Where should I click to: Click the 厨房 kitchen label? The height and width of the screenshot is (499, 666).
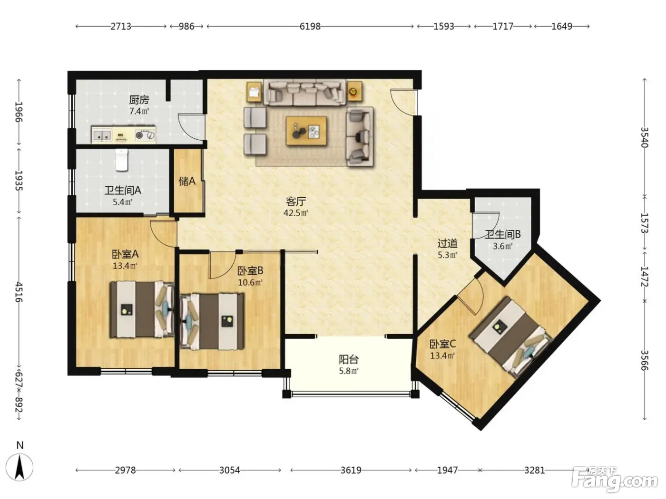click(139, 100)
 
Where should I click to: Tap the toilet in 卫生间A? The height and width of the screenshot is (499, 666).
click(122, 160)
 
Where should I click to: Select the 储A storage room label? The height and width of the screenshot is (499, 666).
click(187, 181)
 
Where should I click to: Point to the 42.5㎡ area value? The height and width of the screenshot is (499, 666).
click(296, 213)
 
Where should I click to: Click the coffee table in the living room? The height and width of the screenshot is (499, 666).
click(306, 131)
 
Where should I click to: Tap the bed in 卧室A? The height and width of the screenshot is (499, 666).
click(142, 309)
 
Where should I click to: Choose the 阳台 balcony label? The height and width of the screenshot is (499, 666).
click(349, 359)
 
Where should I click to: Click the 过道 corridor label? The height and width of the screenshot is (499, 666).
click(447, 243)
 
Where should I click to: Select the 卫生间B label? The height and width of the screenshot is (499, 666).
click(502, 234)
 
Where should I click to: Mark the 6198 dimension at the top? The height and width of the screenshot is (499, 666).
click(310, 26)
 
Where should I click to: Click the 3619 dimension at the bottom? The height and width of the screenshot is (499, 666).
click(351, 470)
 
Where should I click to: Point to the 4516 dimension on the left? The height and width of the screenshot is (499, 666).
click(19, 292)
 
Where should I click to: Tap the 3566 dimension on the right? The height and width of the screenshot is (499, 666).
click(644, 360)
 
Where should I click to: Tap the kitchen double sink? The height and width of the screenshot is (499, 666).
click(102, 135)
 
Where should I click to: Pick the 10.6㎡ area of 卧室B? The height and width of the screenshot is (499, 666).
click(250, 283)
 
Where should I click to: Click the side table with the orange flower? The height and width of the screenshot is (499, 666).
click(354, 91)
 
